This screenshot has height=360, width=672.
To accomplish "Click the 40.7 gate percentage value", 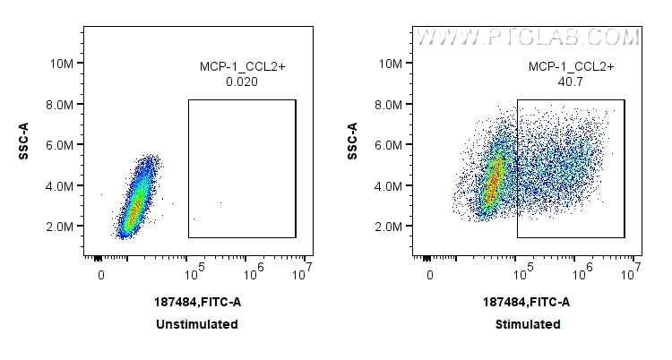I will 569,81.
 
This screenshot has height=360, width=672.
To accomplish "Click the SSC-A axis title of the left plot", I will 24,141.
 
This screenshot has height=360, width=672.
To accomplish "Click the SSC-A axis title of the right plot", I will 353,141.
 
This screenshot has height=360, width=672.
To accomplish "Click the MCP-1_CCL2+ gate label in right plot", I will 569,66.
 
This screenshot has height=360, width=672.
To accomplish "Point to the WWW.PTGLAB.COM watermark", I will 529,38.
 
